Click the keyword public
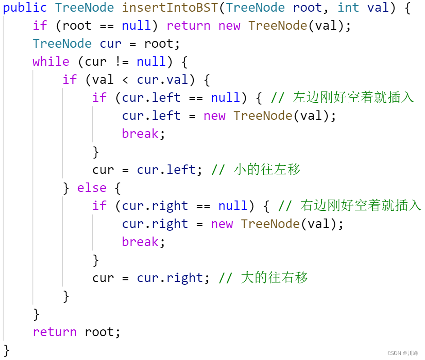point(25,8)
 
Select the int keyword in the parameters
point(348,8)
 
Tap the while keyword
point(51,62)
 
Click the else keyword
point(92,188)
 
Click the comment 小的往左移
point(267,170)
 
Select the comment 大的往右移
point(274,278)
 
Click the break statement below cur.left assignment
point(140,134)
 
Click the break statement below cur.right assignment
point(140,242)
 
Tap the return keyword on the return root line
point(55,332)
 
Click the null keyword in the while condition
point(151,62)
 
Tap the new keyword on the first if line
point(229,26)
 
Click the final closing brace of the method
point(6,350)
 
